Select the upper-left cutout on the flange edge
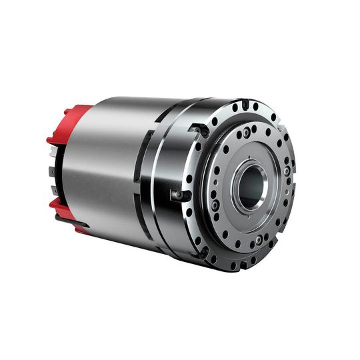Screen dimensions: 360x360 point(195,128)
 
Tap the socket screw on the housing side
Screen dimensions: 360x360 point(177,194)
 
